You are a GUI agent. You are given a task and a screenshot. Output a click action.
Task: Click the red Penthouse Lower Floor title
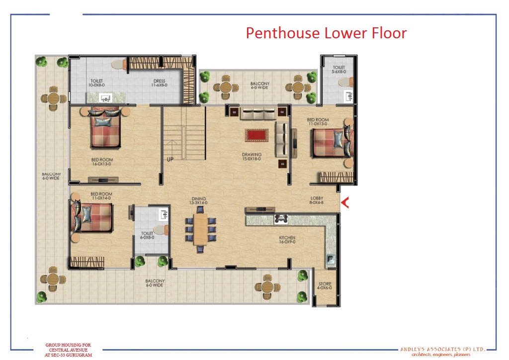click(326, 33)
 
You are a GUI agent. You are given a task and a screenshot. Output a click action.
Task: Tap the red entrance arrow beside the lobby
click(344, 202)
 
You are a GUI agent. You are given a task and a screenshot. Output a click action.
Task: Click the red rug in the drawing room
click(256, 135)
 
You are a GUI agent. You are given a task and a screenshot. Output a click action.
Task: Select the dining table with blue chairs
click(200, 229)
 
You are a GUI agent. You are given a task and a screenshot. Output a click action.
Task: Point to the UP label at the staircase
click(170, 160)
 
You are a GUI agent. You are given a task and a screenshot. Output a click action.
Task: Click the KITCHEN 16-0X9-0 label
click(287, 240)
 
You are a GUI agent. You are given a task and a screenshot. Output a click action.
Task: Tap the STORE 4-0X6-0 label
click(325, 285)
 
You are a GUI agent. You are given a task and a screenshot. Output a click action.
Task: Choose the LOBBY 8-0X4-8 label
click(317, 200)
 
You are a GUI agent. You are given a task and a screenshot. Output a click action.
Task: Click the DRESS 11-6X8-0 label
click(159, 83)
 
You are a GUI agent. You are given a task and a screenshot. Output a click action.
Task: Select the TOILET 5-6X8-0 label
click(339, 70)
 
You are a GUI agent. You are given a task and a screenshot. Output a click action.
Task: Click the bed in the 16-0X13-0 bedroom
click(105, 128)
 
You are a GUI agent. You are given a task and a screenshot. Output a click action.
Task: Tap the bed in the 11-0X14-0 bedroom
click(91, 217)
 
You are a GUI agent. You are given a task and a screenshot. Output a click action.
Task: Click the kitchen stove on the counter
click(281, 219)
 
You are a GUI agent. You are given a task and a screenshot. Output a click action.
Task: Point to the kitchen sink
click(330, 260)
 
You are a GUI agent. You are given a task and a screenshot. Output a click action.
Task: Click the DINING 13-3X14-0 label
click(198, 200)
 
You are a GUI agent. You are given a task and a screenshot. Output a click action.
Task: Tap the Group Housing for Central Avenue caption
click(68, 350)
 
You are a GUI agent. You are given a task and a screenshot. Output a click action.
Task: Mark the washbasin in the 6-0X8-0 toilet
click(164, 214)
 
